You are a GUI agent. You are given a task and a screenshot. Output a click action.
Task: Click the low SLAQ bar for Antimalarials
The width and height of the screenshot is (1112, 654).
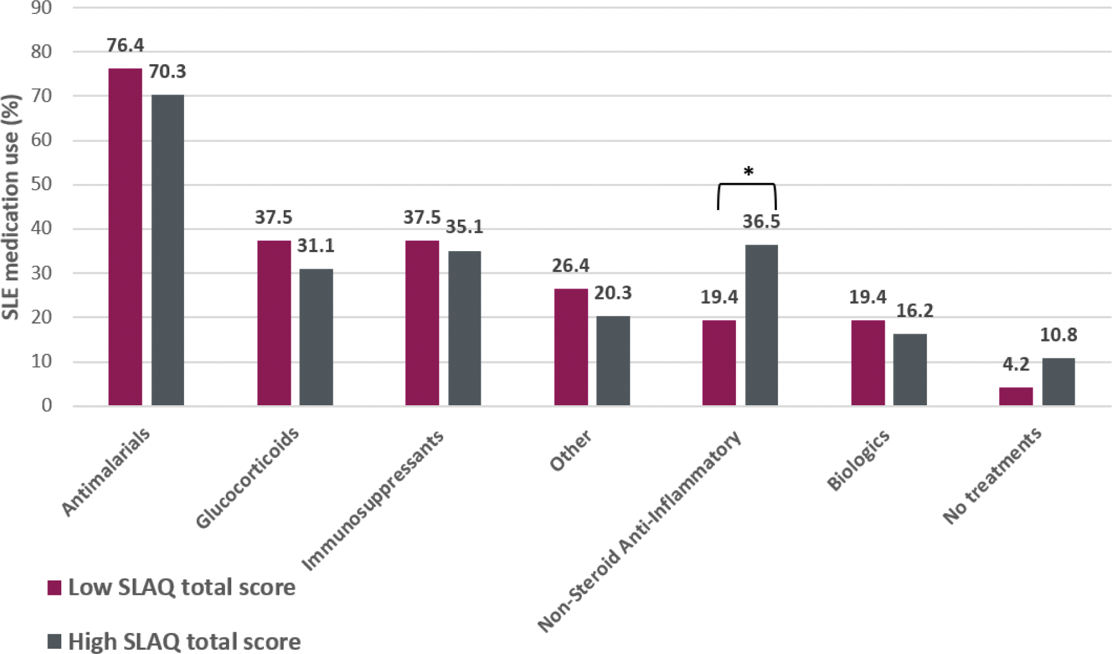click(125, 236)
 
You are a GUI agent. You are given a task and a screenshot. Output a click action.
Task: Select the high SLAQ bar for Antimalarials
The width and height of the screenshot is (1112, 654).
click(168, 250)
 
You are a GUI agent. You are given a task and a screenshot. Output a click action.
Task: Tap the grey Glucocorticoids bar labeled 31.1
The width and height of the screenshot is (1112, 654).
click(316, 337)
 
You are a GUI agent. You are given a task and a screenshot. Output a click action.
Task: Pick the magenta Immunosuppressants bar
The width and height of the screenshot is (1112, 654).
click(422, 323)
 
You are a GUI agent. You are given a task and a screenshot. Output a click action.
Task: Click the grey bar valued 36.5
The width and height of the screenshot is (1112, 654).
click(761, 325)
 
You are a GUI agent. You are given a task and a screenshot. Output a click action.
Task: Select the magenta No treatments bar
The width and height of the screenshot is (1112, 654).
click(1016, 396)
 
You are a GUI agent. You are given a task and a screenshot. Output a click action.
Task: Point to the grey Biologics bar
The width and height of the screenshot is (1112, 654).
click(909, 369)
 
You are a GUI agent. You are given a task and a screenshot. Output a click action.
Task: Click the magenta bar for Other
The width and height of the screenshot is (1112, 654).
click(571, 347)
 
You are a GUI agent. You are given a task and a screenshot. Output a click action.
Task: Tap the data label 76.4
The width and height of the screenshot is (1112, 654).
click(125, 45)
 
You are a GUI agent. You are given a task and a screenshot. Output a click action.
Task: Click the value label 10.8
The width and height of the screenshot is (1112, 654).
click(1058, 335)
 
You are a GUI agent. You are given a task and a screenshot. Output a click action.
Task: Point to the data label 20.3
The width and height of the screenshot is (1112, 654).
click(613, 293)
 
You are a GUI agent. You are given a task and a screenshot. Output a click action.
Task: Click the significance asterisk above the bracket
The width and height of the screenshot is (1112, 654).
click(748, 172)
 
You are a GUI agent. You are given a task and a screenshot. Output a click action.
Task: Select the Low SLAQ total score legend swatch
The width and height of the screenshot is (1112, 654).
click(54, 587)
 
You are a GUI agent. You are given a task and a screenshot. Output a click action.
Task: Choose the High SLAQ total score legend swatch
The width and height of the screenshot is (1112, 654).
click(54, 641)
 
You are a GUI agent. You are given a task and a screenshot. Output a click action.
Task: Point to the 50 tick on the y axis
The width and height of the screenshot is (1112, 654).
click(41, 184)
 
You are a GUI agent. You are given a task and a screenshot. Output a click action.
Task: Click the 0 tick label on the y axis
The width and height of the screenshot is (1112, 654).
click(46, 405)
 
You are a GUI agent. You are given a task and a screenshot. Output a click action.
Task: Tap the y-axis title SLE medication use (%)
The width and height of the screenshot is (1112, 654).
click(11, 207)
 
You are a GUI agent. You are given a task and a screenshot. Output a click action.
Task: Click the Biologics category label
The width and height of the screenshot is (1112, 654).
click(858, 460)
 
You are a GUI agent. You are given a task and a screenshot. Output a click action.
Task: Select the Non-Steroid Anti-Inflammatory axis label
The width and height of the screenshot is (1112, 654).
click(639, 531)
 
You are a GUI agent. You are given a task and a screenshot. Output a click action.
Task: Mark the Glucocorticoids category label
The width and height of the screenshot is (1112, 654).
click(247, 478)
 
